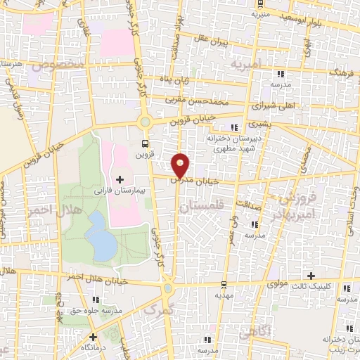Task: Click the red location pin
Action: (x=181, y=165)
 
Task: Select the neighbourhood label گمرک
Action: (x=155, y=309)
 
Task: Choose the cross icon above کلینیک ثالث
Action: (x=311, y=274)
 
